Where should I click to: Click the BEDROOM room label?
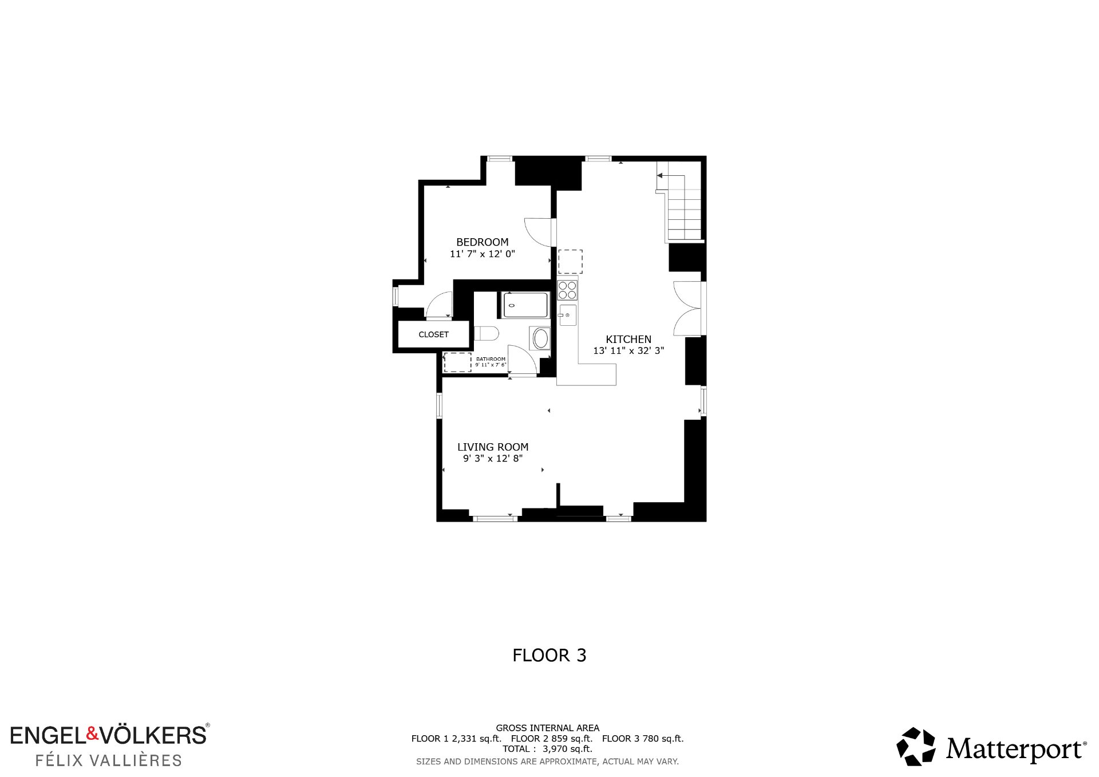[482, 242]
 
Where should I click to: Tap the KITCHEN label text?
[628, 340]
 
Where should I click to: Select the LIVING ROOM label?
[493, 447]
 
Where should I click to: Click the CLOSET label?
[433, 334]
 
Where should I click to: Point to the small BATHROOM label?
[491, 359]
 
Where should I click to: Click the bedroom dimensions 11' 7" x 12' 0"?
[483, 254]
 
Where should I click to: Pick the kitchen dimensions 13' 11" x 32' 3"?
[628, 350]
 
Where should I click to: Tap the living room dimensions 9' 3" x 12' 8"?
[493, 459]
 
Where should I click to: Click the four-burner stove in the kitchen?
[567, 290]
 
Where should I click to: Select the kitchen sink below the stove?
[568, 315]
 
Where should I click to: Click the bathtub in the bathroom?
[525, 305]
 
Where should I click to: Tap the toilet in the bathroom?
[487, 333]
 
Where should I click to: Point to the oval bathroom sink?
[541, 338]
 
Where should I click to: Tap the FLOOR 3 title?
[549, 655]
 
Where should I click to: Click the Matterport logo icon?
[916, 746]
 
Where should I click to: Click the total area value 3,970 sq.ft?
[567, 749]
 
